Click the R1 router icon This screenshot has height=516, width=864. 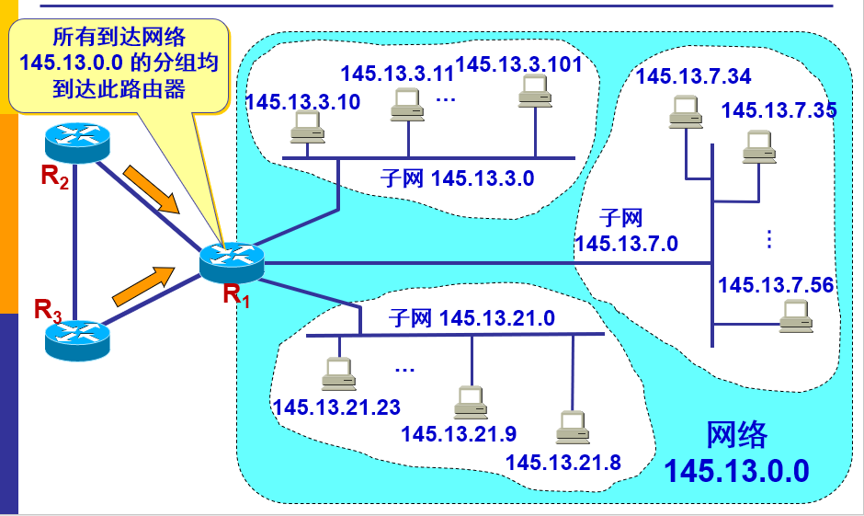[231, 261]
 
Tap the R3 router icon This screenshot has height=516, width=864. [77, 338]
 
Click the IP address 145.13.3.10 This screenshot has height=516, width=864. [303, 101]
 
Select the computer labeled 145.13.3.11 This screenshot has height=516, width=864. [406, 106]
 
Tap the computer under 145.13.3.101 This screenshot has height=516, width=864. [533, 90]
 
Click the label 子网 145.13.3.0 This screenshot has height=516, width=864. [456, 178]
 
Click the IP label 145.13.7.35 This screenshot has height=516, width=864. [779, 110]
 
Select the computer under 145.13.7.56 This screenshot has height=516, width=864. [794, 317]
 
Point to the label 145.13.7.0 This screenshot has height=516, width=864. [626, 243]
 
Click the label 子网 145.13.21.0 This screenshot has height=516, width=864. [472, 318]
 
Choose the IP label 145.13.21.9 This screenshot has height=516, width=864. [459, 432]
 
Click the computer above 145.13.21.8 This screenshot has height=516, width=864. [571, 428]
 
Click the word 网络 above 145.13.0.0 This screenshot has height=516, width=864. [736, 435]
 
